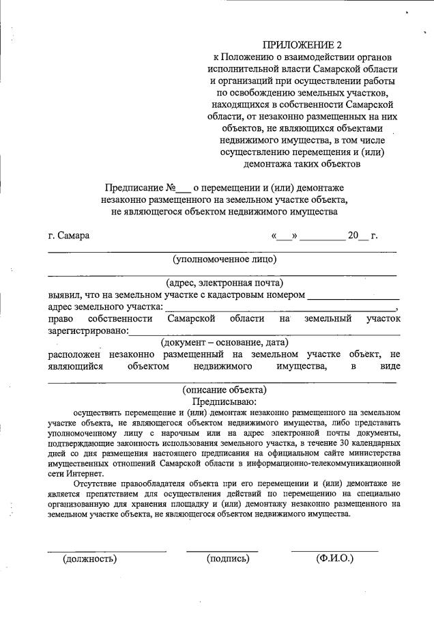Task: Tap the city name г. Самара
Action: pyautogui.click(x=69, y=236)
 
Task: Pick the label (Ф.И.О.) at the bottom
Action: pyautogui.click(x=334, y=559)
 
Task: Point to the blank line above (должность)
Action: pyautogui.click(x=106, y=550)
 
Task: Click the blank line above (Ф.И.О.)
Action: pyautogui.click(x=334, y=550)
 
